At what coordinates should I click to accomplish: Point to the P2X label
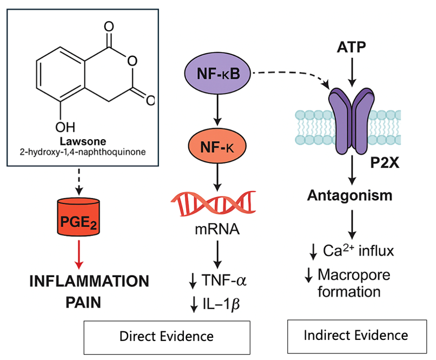pos(385,163)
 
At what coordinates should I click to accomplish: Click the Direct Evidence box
pos(167,336)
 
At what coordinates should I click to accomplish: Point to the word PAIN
pos(80,301)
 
